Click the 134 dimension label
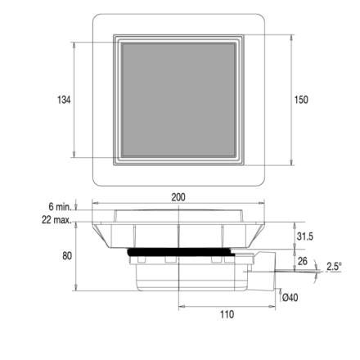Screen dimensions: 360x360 [x=64, y=100]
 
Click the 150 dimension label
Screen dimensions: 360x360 [x=301, y=100]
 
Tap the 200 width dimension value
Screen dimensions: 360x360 [x=178, y=197]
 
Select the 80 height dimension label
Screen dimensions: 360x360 [x=67, y=256]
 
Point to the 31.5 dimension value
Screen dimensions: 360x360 [x=305, y=236]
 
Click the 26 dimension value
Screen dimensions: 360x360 [x=303, y=261]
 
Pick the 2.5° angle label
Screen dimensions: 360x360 [x=334, y=266]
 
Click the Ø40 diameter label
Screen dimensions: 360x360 [x=290, y=297]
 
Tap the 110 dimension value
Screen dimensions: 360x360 [x=227, y=314]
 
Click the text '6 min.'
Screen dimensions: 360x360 [x=60, y=207]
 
